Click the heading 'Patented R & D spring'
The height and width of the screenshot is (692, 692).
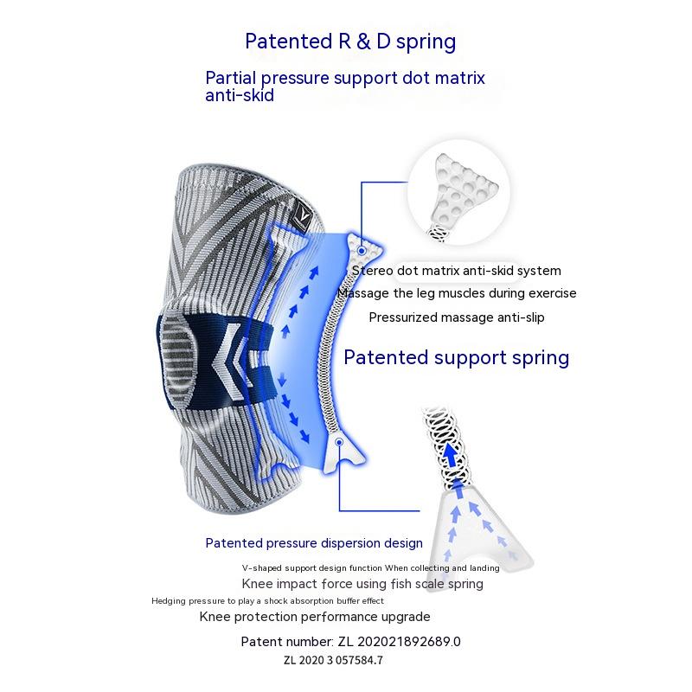tap(350, 42)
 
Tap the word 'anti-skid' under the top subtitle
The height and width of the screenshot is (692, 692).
tap(240, 96)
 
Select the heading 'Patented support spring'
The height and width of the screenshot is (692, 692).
tap(457, 357)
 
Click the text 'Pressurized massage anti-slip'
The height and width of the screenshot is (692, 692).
tap(457, 317)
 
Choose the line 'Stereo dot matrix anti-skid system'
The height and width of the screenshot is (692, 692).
tap(457, 271)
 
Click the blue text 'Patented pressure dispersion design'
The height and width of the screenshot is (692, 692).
tap(314, 543)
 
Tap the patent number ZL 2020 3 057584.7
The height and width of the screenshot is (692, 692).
tap(332, 660)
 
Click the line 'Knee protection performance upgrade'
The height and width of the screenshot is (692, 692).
tap(315, 617)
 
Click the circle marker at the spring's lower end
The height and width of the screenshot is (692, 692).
tap(339, 442)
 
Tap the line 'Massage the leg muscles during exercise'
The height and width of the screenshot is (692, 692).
tap(456, 293)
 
